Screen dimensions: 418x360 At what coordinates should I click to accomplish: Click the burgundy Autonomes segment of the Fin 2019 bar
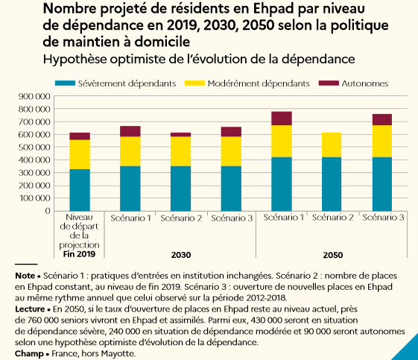[80, 136]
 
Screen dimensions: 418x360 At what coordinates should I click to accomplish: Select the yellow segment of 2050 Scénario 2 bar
[332, 145]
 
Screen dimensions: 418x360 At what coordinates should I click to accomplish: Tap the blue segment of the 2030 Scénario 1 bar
[130, 189]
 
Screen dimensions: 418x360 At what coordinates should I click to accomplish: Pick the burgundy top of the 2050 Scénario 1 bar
[282, 119]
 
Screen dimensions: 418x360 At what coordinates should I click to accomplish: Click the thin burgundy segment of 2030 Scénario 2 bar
[181, 135]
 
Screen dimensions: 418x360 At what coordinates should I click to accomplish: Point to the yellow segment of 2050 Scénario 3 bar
[382, 142]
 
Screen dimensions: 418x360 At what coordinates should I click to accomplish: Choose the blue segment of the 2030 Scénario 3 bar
[231, 189]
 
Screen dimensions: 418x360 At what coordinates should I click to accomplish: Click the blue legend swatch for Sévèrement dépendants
[65, 83]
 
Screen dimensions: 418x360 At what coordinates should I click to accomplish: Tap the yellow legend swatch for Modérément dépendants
[195, 83]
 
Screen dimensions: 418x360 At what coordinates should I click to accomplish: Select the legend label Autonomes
[364, 83]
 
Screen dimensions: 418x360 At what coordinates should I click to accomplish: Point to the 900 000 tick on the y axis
[34, 96]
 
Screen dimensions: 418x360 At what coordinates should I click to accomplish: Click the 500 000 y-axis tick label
[34, 147]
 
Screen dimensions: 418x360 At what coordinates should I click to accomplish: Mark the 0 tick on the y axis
[48, 211]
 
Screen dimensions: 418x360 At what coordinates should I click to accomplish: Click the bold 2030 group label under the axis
[181, 255]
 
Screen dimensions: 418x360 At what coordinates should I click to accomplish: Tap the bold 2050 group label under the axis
[333, 255]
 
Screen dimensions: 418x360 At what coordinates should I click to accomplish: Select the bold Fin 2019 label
[79, 254]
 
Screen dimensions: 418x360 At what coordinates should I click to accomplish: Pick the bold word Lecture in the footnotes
[30, 309]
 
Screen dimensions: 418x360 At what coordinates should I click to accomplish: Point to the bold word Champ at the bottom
[29, 354]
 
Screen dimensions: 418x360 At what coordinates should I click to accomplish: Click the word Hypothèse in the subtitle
[75, 59]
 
